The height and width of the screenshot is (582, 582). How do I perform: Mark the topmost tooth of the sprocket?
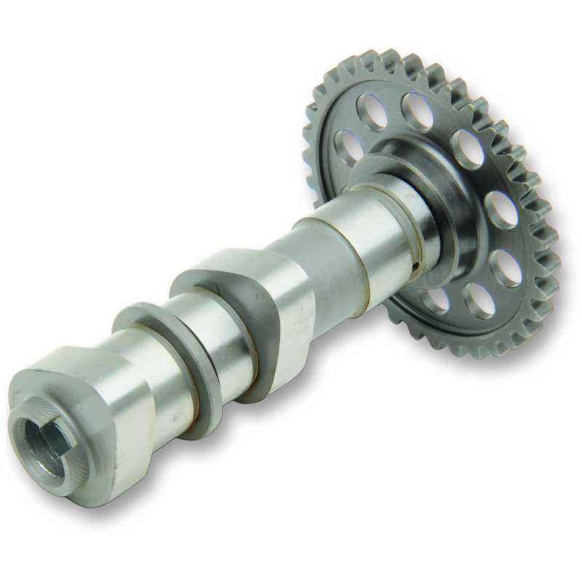[394, 54]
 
